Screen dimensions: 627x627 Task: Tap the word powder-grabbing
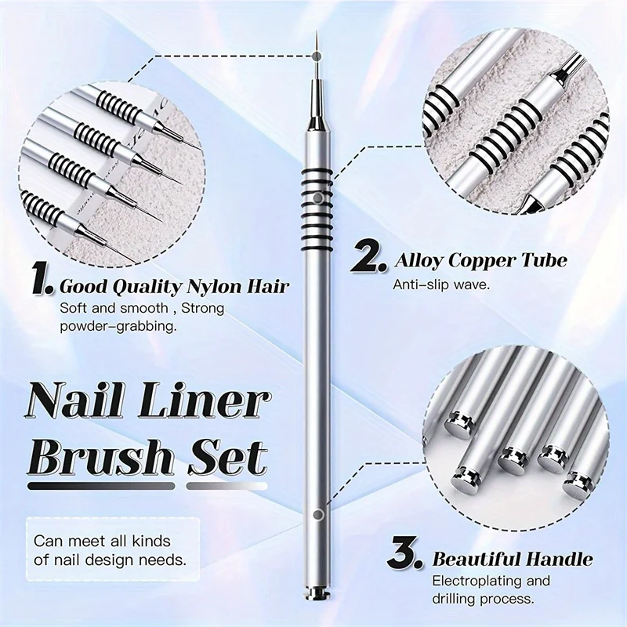click(x=118, y=324)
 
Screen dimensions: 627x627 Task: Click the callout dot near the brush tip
click(x=316, y=56)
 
